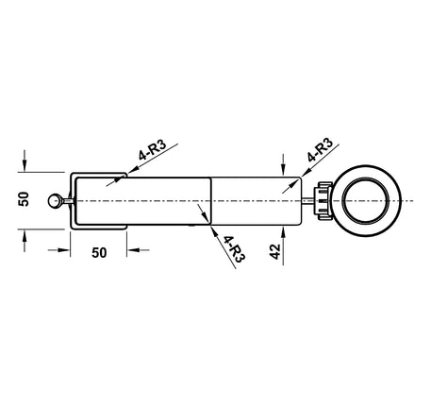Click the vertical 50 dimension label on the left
24,199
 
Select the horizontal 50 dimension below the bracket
99,253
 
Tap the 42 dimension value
275,251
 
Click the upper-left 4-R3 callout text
153,150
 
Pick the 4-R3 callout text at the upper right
320,149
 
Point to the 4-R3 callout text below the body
234,249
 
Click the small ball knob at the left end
55,201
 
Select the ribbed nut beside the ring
323,201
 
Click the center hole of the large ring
366,201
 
